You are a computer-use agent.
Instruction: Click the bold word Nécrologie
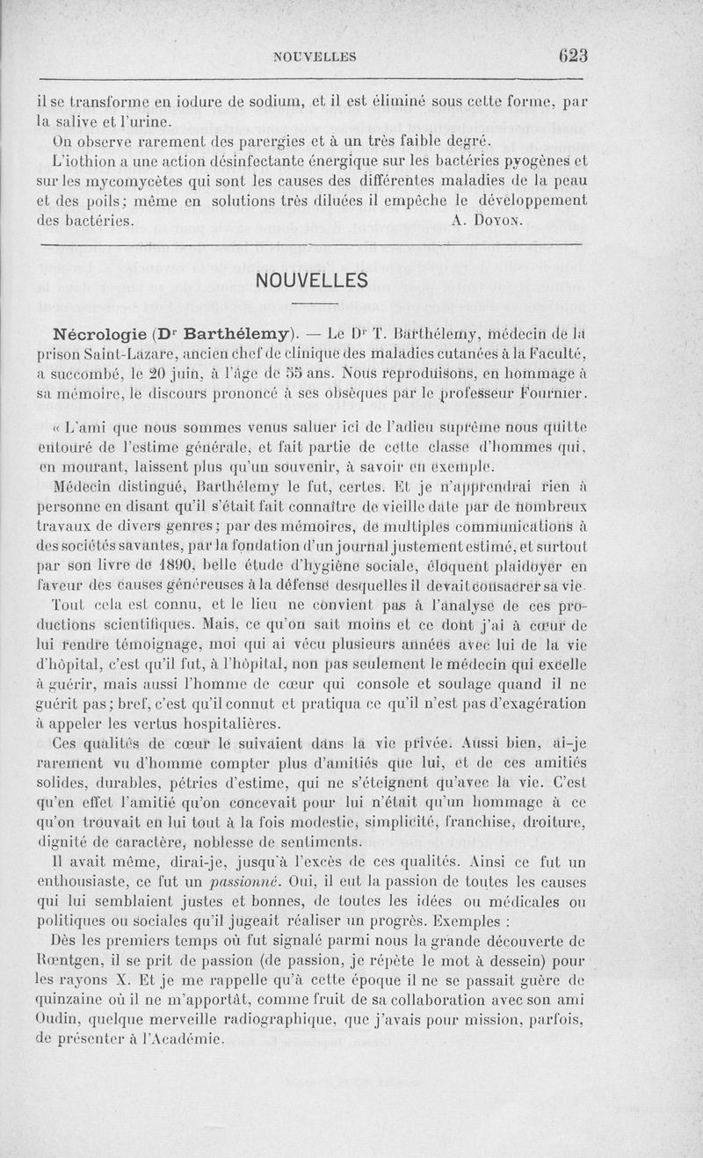click(98, 334)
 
